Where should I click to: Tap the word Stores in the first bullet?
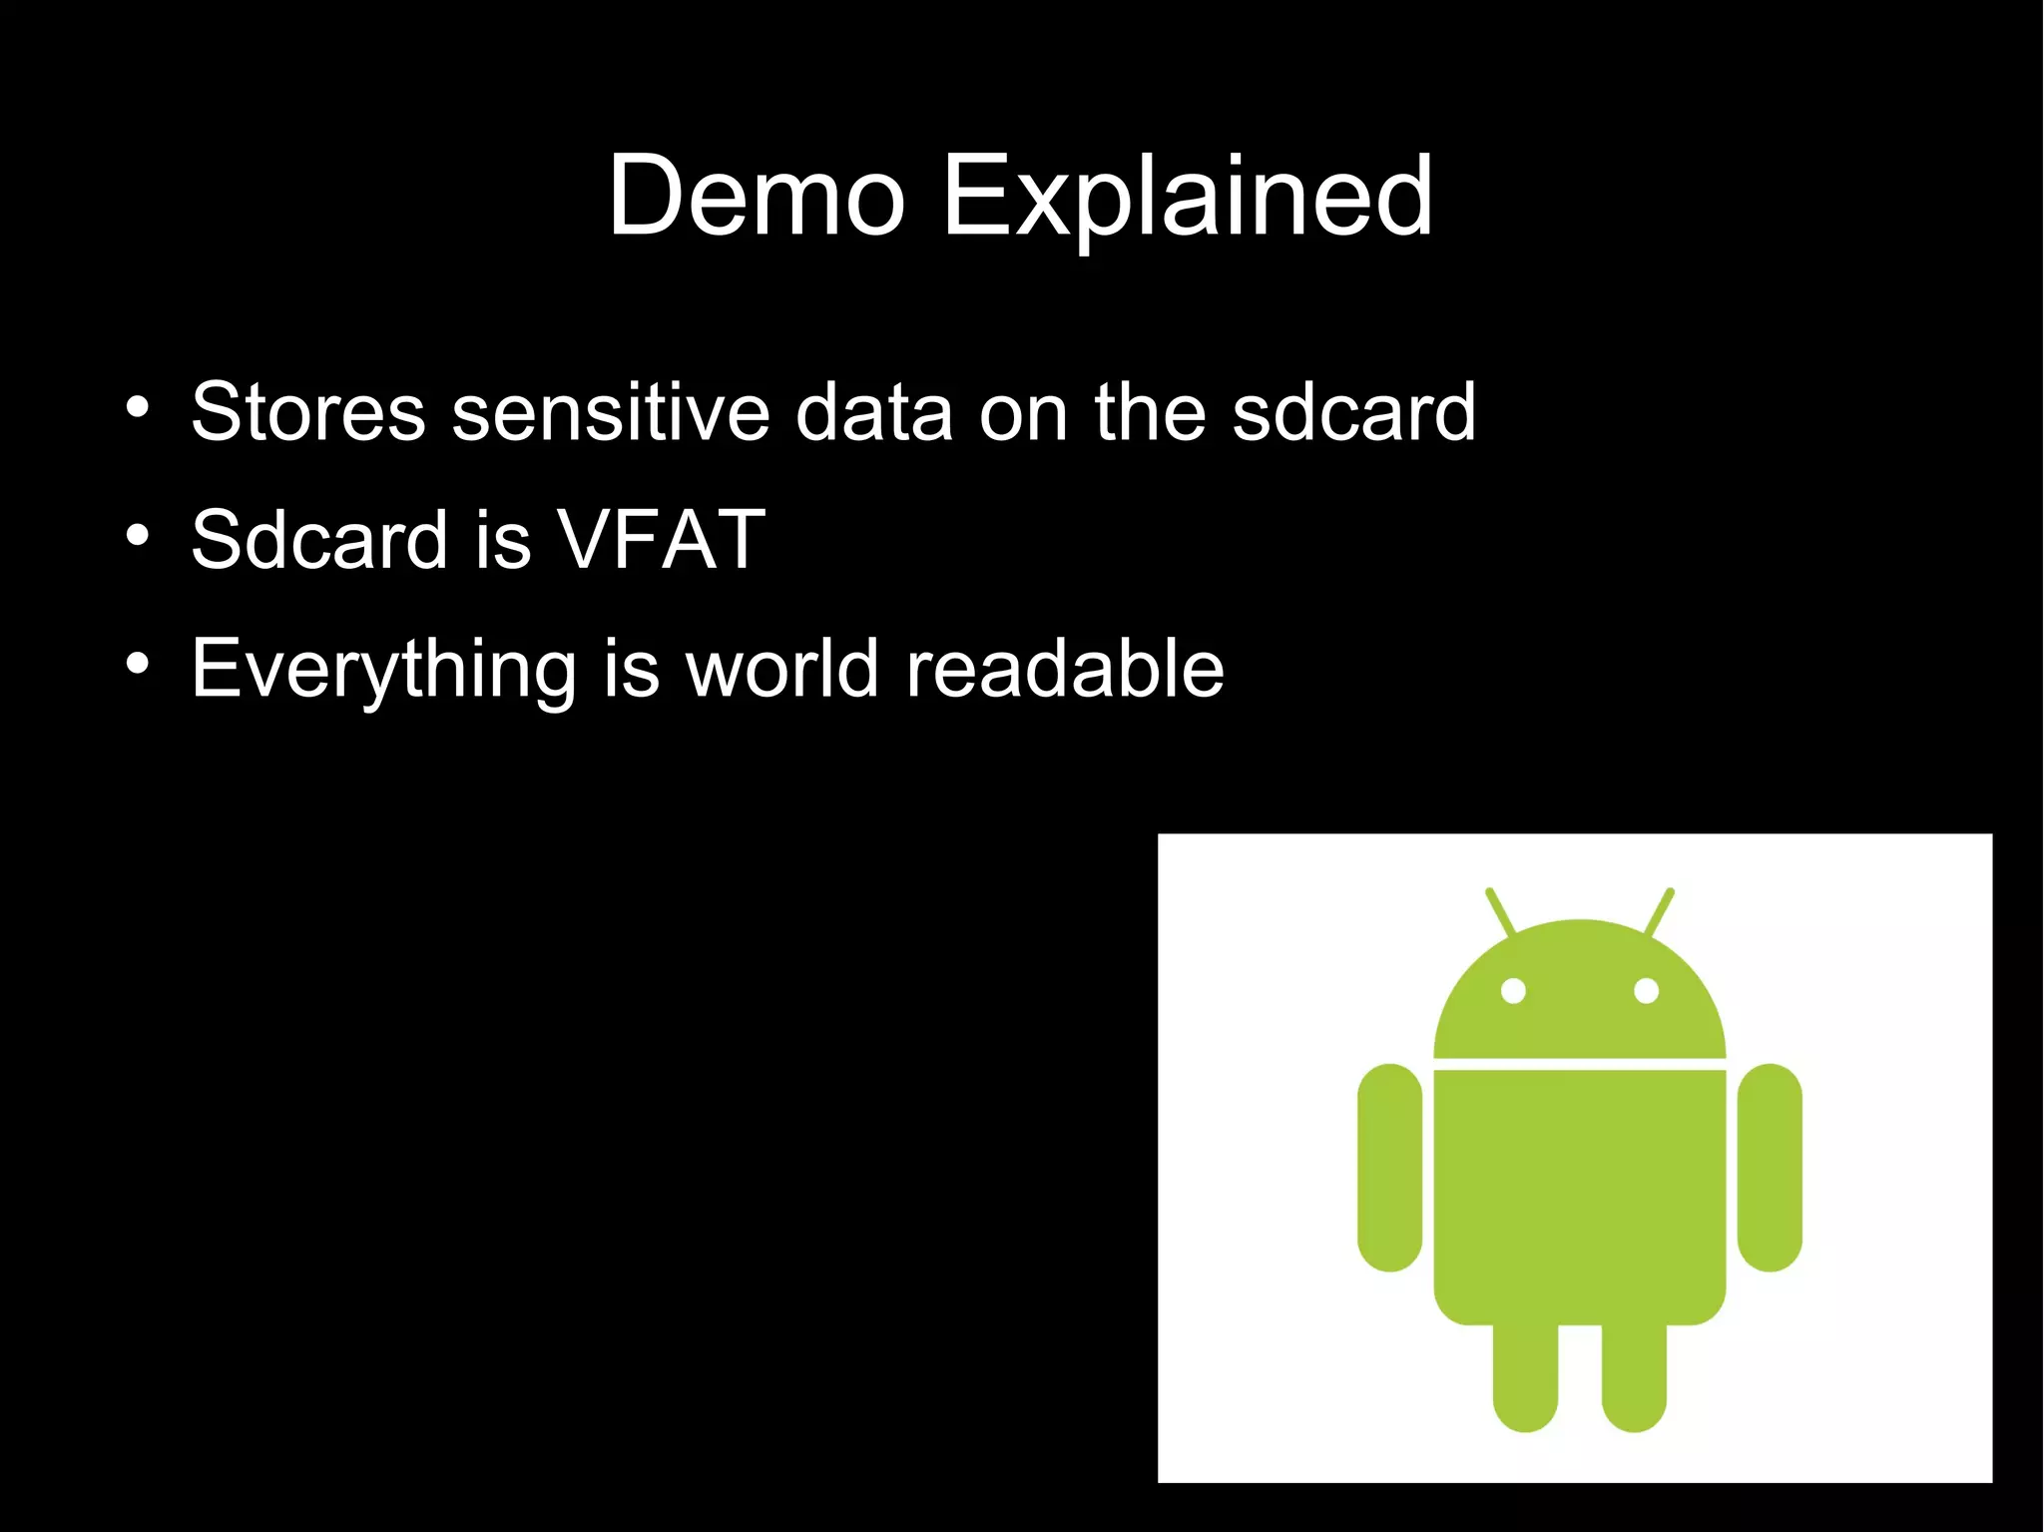(307, 411)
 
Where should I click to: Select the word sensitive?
(610, 411)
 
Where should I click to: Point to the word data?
(873, 411)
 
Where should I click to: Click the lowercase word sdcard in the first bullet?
(1353, 411)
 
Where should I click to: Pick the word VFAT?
(661, 540)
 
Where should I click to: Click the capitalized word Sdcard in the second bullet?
(318, 540)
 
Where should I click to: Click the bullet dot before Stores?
(138, 407)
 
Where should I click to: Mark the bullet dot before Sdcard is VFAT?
(138, 535)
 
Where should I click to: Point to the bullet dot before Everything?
(138, 663)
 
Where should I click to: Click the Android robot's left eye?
(1513, 991)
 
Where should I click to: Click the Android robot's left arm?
(1389, 1168)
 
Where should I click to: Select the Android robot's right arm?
(1770, 1168)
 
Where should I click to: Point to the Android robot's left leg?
(1525, 1377)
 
